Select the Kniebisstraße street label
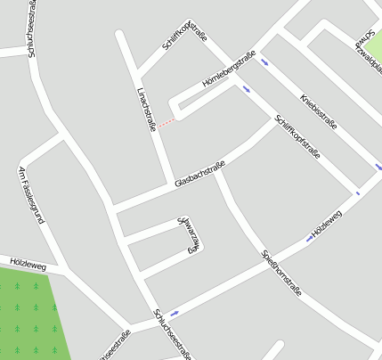pyautogui.click(x=319, y=111)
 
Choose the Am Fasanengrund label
pyautogui.click(x=31, y=194)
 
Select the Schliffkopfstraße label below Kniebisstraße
pyautogui.click(x=297, y=137)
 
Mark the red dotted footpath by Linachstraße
pyautogui.click(x=167, y=121)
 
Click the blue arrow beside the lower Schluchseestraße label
pyautogui.click(x=174, y=314)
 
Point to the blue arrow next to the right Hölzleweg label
pyautogui.click(x=309, y=239)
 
